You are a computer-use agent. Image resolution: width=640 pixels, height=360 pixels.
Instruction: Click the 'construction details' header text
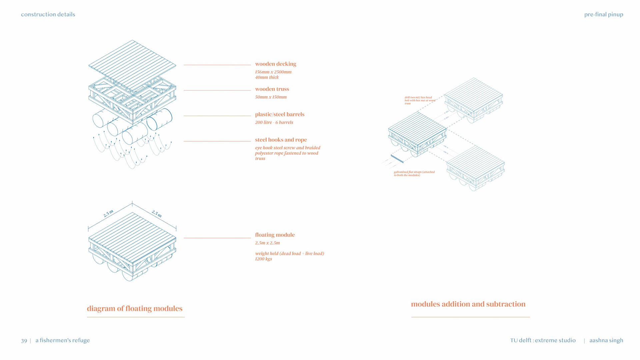pyautogui.click(x=48, y=14)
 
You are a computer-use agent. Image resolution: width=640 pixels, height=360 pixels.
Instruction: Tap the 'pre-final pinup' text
pyautogui.click(x=603, y=14)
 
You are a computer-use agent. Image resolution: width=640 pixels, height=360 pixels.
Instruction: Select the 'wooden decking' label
pyautogui.click(x=275, y=64)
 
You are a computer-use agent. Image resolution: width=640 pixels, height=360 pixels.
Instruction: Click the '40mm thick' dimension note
pyautogui.click(x=267, y=77)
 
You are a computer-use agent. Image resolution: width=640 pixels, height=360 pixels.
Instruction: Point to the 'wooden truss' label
pyautogui.click(x=272, y=89)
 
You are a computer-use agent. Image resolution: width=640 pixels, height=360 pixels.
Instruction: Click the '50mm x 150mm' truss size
pyautogui.click(x=271, y=97)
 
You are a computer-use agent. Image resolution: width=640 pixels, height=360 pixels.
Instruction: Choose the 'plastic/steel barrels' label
pyautogui.click(x=279, y=114)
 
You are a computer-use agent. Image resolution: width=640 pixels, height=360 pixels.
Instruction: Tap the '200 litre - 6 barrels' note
pyautogui.click(x=274, y=122)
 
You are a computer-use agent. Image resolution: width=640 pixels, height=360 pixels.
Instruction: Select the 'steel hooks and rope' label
pyautogui.click(x=281, y=140)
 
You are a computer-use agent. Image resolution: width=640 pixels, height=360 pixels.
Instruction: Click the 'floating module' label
pyautogui.click(x=275, y=235)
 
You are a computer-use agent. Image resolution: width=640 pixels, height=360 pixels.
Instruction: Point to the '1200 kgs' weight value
pyautogui.click(x=263, y=259)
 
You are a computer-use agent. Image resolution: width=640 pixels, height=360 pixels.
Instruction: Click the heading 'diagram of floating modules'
pyautogui.click(x=135, y=308)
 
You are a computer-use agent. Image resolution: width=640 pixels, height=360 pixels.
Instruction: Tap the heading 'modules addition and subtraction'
pyautogui.click(x=468, y=304)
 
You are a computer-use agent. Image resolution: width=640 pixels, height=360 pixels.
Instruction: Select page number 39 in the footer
pyautogui.click(x=24, y=340)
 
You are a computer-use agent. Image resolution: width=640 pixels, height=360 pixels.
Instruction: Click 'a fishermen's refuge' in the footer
pyautogui.click(x=63, y=340)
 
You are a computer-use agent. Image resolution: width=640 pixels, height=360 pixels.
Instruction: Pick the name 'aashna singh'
pyautogui.click(x=606, y=340)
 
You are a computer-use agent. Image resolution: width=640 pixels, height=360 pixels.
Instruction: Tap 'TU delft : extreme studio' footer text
pyautogui.click(x=543, y=340)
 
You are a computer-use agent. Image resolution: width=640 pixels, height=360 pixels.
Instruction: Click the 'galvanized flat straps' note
pyautogui.click(x=414, y=173)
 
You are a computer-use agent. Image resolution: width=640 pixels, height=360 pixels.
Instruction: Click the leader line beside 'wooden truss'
pyautogui.click(x=217, y=90)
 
